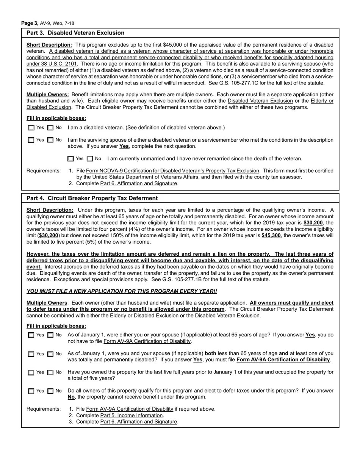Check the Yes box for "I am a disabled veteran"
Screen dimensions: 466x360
(x=31, y=128)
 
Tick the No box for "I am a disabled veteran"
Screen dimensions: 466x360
(x=50, y=128)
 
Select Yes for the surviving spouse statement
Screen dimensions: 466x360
(x=31, y=140)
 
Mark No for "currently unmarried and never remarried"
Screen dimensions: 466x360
(x=90, y=159)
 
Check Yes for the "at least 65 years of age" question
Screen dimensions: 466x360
(x=31, y=335)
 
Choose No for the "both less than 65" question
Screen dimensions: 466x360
(x=50, y=354)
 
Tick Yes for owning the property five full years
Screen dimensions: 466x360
(x=31, y=372)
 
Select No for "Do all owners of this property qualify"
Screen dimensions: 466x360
(x=50, y=391)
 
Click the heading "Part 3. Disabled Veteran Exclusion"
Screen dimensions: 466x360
(x=75, y=33)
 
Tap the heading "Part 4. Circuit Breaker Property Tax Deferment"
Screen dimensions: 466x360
(x=92, y=198)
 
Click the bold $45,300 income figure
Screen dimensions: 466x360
(x=271, y=236)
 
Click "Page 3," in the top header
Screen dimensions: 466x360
(x=30, y=23)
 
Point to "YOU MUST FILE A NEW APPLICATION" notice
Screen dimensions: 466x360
(x=122, y=291)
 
